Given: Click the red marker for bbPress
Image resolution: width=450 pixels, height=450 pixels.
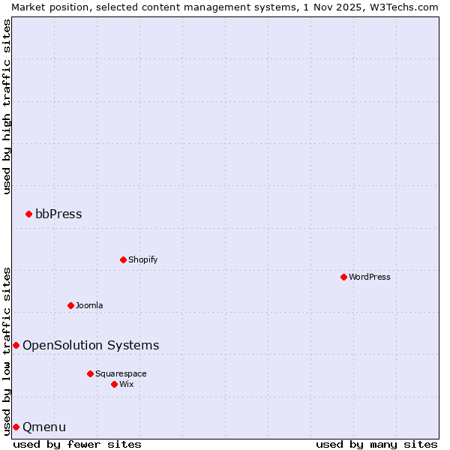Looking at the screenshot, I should pyautogui.click(x=28, y=214).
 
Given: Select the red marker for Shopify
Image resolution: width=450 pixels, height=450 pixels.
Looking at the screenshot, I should pyautogui.click(x=123, y=260).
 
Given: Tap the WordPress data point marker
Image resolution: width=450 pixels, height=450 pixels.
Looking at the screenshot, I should pyautogui.click(x=343, y=277).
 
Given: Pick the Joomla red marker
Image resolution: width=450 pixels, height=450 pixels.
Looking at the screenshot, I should pyautogui.click(x=70, y=306).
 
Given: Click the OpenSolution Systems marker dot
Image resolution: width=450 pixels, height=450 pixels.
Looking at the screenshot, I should pyautogui.click(x=16, y=346).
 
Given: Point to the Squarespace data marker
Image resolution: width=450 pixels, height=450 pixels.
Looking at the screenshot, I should pyautogui.click(x=90, y=374).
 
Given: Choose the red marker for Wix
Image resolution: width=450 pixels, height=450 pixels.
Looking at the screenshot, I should pyautogui.click(x=114, y=385).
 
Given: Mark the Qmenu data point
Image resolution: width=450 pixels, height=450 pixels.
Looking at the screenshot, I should pyautogui.click(x=16, y=427).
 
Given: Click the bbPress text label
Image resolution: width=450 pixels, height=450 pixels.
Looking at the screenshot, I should pyautogui.click(x=58, y=214).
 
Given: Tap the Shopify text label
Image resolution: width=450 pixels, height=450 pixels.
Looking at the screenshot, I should pyautogui.click(x=142, y=260).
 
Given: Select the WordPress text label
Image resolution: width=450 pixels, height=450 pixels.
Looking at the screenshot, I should pyautogui.click(x=369, y=277).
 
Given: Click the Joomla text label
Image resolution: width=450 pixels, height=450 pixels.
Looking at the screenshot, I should pyautogui.click(x=89, y=306).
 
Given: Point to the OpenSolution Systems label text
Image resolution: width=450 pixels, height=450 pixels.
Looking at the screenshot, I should pyautogui.click(x=91, y=346).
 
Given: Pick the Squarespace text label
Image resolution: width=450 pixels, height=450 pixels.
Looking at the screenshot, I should pyautogui.click(x=121, y=374).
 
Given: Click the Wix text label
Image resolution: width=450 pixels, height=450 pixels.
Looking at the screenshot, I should pyautogui.click(x=126, y=385).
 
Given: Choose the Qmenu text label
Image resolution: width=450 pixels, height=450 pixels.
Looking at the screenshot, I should pyautogui.click(x=44, y=427).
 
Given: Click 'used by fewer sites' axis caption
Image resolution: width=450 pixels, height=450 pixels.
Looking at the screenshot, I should pyautogui.click(x=77, y=444).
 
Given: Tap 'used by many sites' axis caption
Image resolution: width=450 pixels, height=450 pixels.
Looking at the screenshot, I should pyautogui.click(x=376, y=444).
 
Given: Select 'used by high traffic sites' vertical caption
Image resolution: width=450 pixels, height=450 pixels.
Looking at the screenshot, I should pyautogui.click(x=7, y=106).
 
